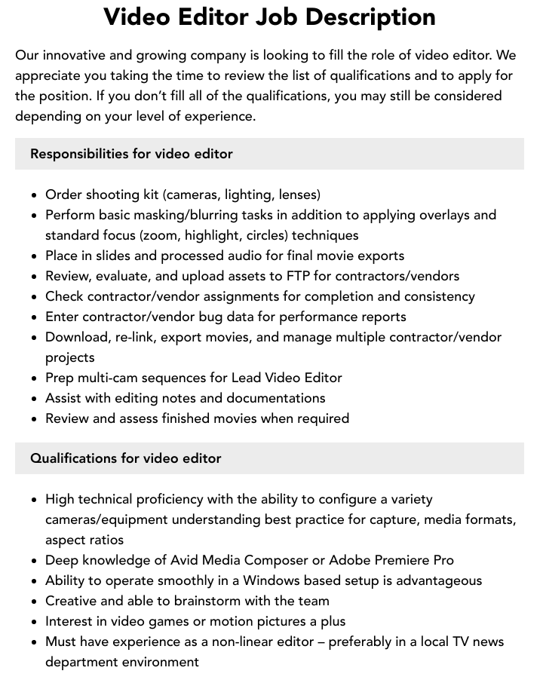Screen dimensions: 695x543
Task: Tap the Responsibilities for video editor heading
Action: coord(131,154)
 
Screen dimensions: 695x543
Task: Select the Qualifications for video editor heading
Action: coord(125,458)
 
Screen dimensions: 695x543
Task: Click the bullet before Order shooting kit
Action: coord(35,195)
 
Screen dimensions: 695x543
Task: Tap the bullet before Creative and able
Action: coord(35,602)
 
